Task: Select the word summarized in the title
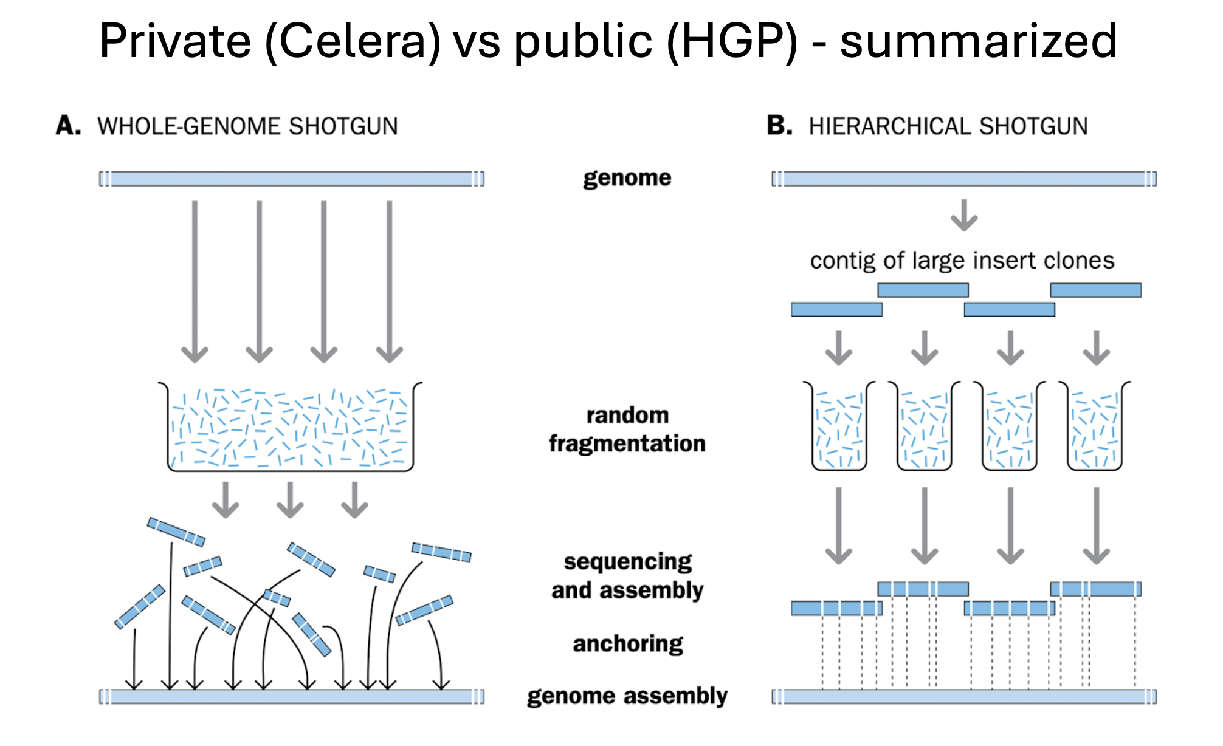pos(979,41)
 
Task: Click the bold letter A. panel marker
pos(68,126)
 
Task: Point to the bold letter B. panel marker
pos(780,126)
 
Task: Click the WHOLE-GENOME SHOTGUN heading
pos(247,126)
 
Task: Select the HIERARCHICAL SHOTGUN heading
pos(948,126)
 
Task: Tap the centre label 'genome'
pos(627,178)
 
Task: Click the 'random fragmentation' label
pos(627,429)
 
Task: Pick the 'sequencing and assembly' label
pos(627,576)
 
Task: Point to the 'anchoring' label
pos(628,644)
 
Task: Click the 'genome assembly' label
pos(627,696)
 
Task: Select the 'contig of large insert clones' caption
pos(962,261)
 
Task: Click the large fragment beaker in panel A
pos(290,426)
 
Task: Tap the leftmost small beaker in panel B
pos(839,425)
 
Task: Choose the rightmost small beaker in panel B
pos(1095,425)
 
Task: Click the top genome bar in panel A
pos(292,179)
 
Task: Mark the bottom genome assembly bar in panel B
pos(964,696)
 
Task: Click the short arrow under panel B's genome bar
pos(964,215)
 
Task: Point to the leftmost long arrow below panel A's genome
pos(195,282)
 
